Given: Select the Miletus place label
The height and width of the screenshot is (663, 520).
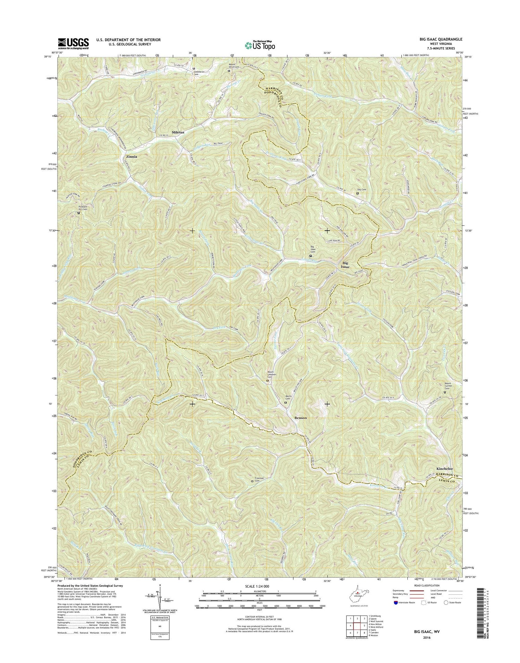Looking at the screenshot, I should pyautogui.click(x=179, y=132).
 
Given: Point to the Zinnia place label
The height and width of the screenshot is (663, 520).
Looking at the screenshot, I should pyautogui.click(x=131, y=157).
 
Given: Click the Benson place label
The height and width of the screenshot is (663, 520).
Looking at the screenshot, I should pyautogui.click(x=301, y=418).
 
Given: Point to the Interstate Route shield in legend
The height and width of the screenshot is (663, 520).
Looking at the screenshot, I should pyautogui.click(x=396, y=602).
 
